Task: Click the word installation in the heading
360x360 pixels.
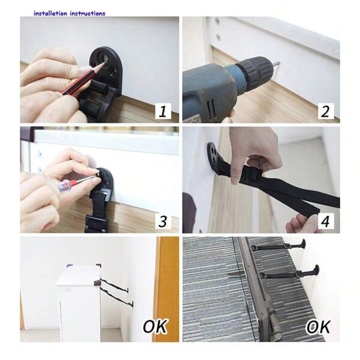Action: pyautogui.click(x=50, y=13)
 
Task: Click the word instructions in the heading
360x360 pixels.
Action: pyautogui.click(x=88, y=13)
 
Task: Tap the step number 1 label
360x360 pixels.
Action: pyautogui.click(x=164, y=111)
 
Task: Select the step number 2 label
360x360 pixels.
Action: pyautogui.click(x=325, y=111)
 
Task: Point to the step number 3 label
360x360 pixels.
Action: pyautogui.click(x=163, y=221)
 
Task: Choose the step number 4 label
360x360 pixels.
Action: pyautogui.click(x=325, y=221)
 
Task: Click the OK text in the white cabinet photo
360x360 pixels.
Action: pyautogui.click(x=155, y=327)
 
